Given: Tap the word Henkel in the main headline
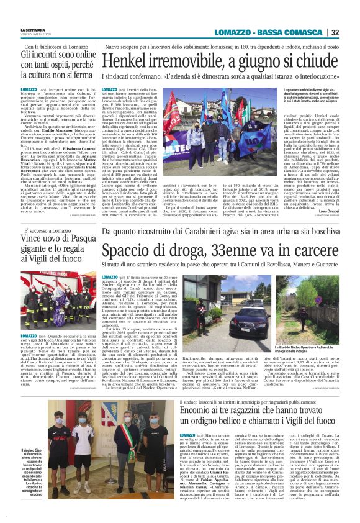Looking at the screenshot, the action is point(127,61).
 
